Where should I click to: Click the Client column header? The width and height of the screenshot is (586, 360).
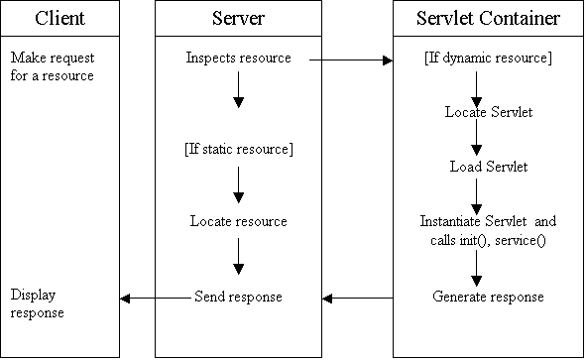[x=59, y=18]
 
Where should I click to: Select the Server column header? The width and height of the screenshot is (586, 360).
[x=238, y=18]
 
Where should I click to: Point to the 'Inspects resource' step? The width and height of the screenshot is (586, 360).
[x=238, y=59]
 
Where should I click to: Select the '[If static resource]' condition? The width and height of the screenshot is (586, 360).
[x=238, y=149]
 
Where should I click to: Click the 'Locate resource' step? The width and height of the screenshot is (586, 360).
[x=238, y=221]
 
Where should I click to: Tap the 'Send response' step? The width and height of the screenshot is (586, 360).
[x=238, y=297]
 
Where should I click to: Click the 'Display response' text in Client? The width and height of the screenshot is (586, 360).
[x=38, y=303]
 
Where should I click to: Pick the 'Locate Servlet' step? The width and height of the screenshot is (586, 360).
[x=488, y=112]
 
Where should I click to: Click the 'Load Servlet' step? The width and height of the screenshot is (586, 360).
[x=488, y=167]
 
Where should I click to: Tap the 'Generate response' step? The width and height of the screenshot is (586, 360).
[x=488, y=297]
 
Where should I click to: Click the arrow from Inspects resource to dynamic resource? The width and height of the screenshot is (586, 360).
[x=352, y=60]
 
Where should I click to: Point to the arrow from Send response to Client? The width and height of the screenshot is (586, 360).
[x=154, y=298]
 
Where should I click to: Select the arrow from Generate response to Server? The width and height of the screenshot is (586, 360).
[x=357, y=298]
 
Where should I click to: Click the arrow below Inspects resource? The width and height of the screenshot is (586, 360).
[x=238, y=91]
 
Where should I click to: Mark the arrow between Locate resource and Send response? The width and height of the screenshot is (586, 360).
[x=238, y=258]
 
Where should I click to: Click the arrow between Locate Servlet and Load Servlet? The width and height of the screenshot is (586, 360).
[x=477, y=140]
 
